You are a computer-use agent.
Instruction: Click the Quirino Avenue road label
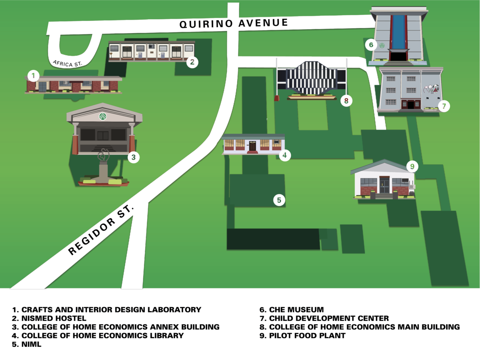click(234, 23)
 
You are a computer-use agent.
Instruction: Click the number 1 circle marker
click(34, 75)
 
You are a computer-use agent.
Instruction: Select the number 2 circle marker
click(192, 62)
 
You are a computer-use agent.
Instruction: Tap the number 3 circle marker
click(134, 158)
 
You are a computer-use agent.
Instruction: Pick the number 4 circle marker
click(284, 155)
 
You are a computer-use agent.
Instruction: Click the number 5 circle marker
click(279, 200)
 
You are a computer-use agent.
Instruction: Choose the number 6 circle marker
click(371, 45)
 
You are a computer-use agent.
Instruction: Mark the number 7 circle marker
click(444, 106)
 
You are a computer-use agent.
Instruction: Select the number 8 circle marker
click(346, 101)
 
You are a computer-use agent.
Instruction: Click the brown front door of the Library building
click(252, 146)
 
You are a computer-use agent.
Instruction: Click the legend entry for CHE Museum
click(292, 310)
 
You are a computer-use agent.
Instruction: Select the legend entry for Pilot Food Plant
click(302, 336)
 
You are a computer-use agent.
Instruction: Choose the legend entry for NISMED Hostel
click(49, 318)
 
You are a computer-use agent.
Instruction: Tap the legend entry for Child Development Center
click(324, 318)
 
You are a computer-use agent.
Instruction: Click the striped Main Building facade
click(312, 78)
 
